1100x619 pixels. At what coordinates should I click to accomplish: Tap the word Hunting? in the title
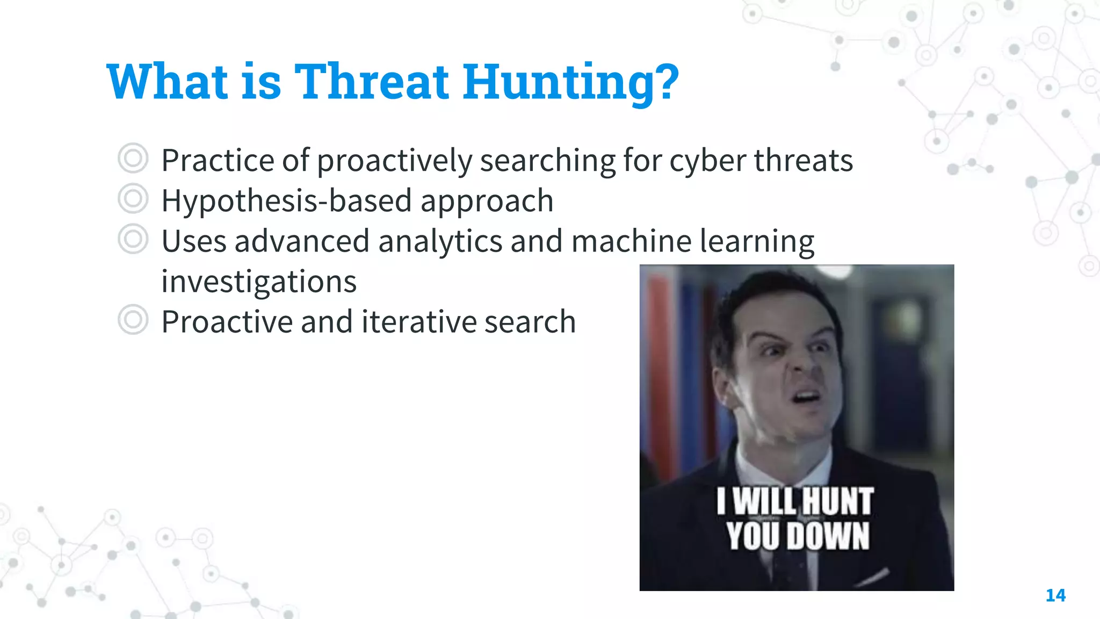pos(571,83)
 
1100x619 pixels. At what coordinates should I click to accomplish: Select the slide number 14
pos(1055,595)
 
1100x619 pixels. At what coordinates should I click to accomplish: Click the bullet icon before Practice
pos(133,159)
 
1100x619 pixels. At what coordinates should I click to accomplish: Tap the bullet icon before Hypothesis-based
pos(133,199)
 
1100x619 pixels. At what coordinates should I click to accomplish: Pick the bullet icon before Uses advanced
pos(133,239)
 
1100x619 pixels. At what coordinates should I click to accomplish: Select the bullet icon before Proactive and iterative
pos(133,320)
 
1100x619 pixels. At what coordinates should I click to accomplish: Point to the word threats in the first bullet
pos(804,161)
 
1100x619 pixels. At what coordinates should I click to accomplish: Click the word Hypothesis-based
pos(286,201)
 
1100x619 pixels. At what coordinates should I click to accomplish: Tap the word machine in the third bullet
pos(631,241)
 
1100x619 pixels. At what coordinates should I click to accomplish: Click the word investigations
pos(259,282)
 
